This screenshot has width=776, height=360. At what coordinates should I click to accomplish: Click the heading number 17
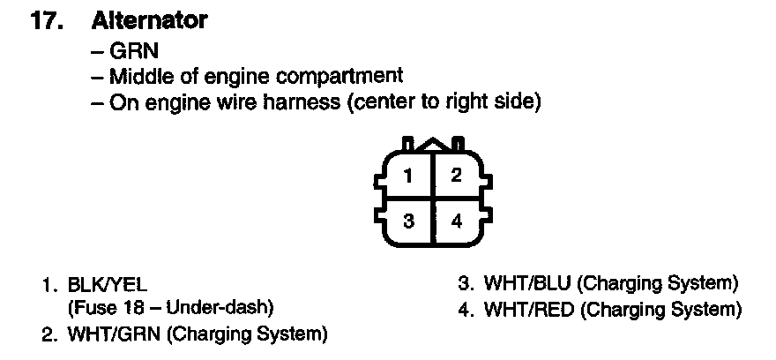[x=47, y=21]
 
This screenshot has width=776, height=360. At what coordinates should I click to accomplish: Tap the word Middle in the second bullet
[x=137, y=77]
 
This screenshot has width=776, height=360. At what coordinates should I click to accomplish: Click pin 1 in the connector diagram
[x=407, y=175]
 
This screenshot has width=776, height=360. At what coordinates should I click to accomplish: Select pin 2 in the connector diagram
[x=456, y=175]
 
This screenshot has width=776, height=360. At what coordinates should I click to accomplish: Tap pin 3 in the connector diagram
[x=407, y=221]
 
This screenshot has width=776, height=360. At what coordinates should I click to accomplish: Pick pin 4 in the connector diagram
[x=456, y=221]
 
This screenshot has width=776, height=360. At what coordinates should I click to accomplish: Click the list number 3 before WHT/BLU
[x=466, y=284]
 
